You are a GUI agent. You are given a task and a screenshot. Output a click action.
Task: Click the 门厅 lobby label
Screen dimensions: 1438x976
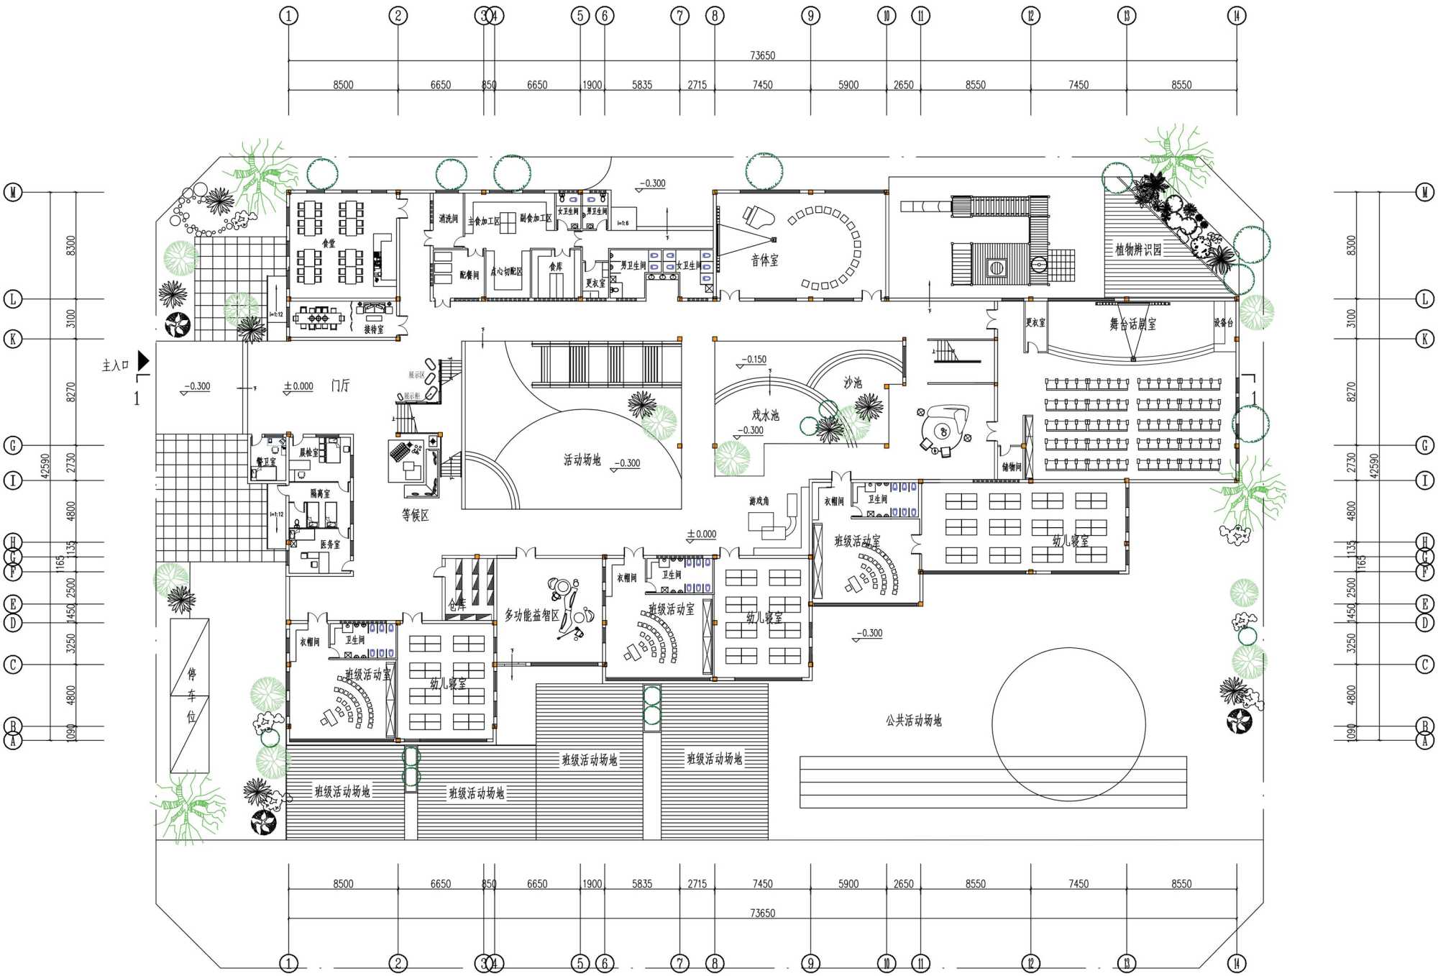click(x=340, y=386)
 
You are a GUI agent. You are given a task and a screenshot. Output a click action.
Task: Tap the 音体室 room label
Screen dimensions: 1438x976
click(x=764, y=260)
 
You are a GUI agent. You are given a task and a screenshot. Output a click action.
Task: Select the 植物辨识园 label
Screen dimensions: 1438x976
click(x=1138, y=250)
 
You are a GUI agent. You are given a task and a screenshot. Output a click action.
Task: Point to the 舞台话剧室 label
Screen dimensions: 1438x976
click(x=1132, y=324)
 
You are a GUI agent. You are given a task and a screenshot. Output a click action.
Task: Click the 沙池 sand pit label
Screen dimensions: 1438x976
click(x=853, y=383)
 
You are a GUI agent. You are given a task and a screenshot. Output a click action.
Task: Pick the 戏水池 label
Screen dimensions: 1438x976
click(x=765, y=415)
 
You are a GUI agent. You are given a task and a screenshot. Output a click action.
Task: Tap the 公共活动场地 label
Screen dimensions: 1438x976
click(x=913, y=720)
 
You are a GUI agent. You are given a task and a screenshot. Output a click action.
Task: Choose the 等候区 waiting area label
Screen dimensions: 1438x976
click(x=415, y=515)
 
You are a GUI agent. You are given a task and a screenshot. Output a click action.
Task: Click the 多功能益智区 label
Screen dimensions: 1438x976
click(x=531, y=615)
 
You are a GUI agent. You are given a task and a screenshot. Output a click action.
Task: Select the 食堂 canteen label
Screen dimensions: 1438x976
click(x=329, y=243)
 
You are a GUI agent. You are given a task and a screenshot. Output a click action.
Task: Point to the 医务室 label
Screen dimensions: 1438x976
click(x=330, y=544)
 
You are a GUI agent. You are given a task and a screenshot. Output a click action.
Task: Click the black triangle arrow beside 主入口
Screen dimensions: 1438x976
click(x=144, y=360)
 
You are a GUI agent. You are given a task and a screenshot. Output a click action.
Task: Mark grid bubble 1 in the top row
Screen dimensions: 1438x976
click(x=288, y=15)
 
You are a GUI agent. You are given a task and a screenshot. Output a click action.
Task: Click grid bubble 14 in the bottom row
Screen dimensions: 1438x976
click(x=1237, y=963)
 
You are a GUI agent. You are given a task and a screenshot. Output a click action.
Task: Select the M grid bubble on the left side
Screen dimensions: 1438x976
click(x=13, y=192)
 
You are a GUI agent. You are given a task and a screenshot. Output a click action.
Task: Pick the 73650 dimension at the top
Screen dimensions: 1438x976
click(x=762, y=55)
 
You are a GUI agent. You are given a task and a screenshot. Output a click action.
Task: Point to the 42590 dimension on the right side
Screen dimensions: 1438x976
click(x=1375, y=466)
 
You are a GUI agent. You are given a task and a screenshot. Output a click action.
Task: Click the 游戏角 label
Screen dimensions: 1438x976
click(x=759, y=501)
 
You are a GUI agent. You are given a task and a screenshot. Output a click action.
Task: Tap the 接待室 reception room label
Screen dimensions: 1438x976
click(x=373, y=329)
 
